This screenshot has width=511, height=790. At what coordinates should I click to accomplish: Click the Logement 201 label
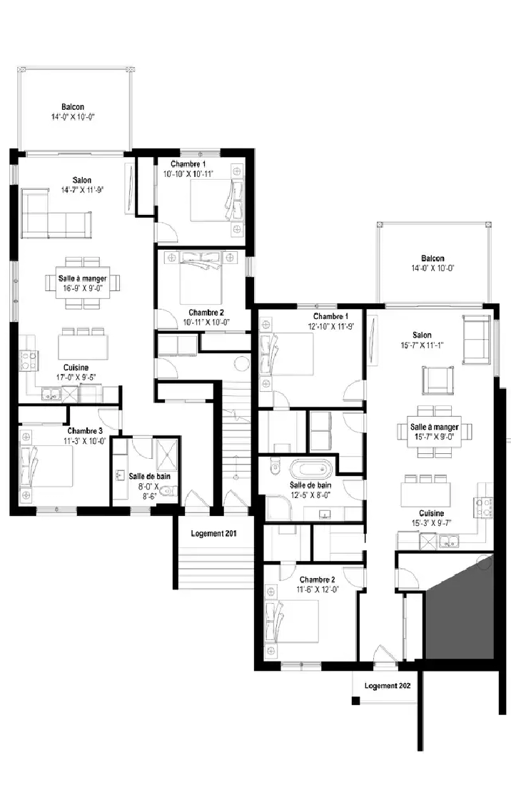(x=213, y=534)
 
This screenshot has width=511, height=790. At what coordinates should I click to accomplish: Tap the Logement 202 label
(x=388, y=686)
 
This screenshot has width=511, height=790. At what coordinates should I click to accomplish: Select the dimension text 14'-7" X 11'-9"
(x=82, y=190)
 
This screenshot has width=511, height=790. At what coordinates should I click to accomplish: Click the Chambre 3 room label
(x=85, y=431)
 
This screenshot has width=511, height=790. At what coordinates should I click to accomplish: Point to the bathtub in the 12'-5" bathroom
(x=311, y=470)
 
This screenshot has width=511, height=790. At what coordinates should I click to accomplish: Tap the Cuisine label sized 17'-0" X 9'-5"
(x=76, y=368)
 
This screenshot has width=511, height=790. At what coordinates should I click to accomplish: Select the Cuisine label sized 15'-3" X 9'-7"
(x=431, y=513)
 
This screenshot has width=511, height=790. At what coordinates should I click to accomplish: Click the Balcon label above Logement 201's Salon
(x=73, y=107)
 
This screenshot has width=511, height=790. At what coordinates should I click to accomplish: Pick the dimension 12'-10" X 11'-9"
(x=331, y=326)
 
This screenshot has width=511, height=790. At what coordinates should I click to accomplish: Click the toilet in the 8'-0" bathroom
(x=170, y=490)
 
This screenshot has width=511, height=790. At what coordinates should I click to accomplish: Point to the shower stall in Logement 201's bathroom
(x=167, y=456)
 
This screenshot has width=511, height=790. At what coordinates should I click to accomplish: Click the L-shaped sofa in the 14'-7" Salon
(x=56, y=214)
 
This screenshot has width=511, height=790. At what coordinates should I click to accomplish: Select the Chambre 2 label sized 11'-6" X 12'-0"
(x=318, y=580)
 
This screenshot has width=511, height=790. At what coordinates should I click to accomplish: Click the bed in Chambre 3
(x=46, y=466)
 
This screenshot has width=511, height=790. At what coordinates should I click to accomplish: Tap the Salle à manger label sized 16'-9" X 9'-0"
(x=83, y=278)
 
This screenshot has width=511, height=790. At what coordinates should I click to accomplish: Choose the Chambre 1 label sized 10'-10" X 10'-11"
(x=188, y=164)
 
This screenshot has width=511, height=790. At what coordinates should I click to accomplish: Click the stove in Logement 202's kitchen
(x=483, y=507)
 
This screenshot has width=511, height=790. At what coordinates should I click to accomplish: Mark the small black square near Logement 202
(x=356, y=700)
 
